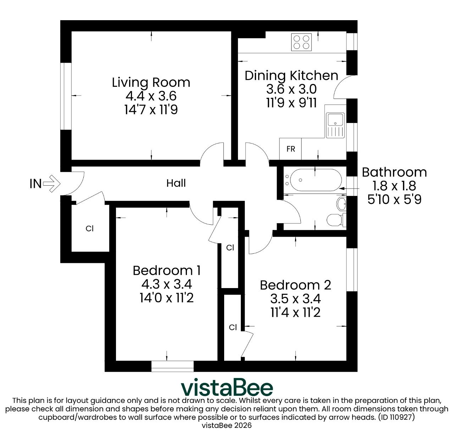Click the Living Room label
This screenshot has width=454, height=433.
tap(151, 83)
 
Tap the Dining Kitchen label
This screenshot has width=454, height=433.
tap(292, 76)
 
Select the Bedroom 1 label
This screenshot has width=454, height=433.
tap(167, 271)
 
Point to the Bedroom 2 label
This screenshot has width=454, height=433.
tap(295, 285)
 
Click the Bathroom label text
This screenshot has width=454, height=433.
tap(394, 173)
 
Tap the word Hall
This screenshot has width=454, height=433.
tap(176, 183)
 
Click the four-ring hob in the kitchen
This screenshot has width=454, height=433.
tap(301, 42)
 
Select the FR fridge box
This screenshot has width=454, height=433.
tap(290, 149)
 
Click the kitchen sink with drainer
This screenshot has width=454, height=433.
tap(335, 125)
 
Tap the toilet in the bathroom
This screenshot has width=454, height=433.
tap(336, 220)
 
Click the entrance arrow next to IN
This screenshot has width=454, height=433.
tap(52, 184)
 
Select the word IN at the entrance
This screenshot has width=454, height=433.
tap(35, 184)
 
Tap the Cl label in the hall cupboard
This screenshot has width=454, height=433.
tap(90, 229)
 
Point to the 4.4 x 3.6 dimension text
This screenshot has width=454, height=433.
tap(151, 96)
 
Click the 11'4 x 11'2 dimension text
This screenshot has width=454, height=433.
tap(295, 313)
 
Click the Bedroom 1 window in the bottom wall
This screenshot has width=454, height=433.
tap(172, 366)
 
